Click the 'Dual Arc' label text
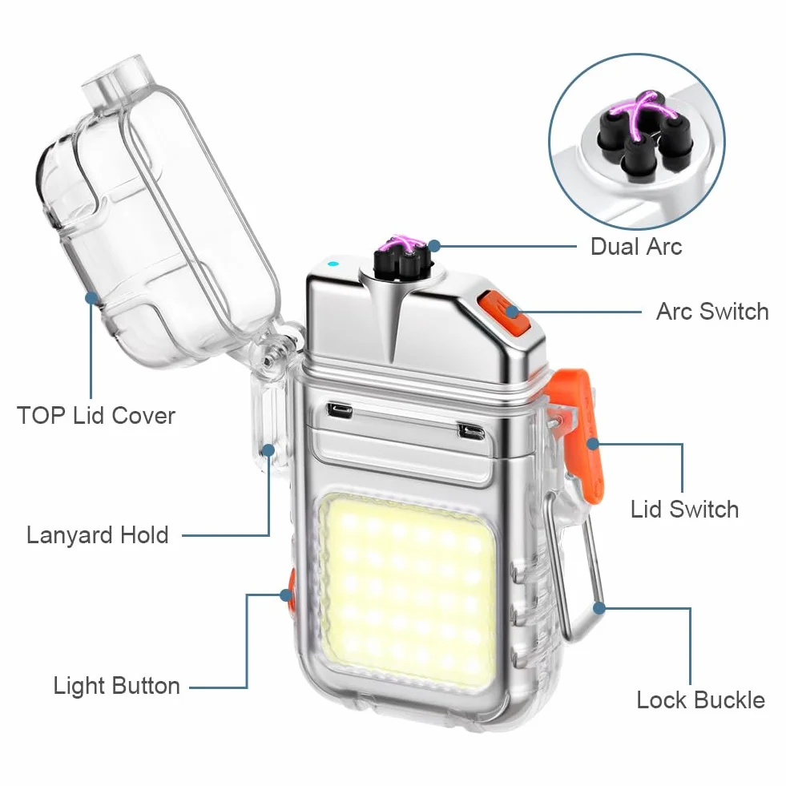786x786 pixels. point(636,247)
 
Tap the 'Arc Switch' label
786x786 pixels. point(712,312)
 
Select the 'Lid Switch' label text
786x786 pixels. point(684,510)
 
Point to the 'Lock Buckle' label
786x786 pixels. point(700,699)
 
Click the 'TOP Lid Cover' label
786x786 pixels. point(95,416)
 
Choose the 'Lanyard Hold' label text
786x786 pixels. point(97,535)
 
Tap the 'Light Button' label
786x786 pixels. point(116,686)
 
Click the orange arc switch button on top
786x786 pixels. point(503,314)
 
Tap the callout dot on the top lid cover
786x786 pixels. point(91,298)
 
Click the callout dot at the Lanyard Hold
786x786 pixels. point(268,450)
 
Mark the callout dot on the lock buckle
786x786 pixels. point(599,608)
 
